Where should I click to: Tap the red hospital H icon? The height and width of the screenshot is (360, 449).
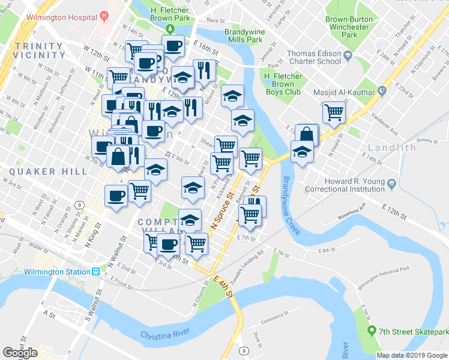[x=105, y=14]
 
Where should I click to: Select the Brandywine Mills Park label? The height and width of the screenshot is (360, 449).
[x=244, y=35]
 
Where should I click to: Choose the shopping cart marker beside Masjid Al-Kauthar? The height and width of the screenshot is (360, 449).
[x=333, y=112]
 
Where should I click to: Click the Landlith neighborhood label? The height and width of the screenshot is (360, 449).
[x=392, y=147]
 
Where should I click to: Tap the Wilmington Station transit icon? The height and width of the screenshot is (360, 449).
[x=95, y=271]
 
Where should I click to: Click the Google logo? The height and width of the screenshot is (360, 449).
[x=20, y=352]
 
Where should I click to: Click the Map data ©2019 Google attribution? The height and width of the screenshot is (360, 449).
[x=412, y=355]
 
